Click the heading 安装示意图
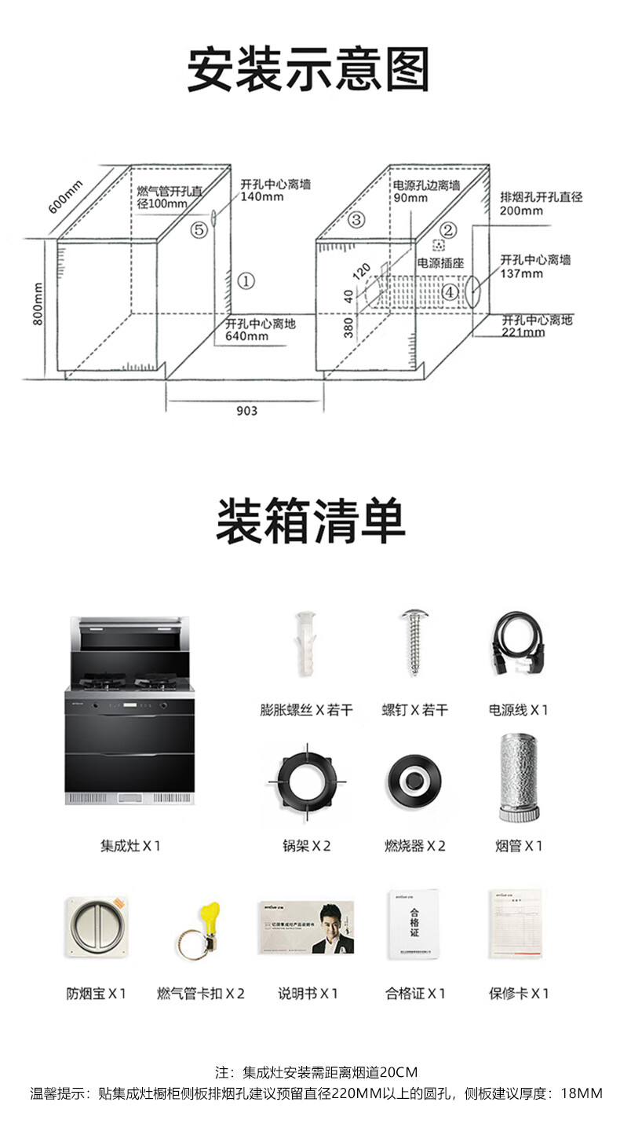click(309, 70)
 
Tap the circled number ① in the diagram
click(246, 280)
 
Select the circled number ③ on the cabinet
click(357, 219)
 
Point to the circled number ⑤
click(199, 230)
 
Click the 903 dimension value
click(246, 411)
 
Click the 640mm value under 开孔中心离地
click(246, 336)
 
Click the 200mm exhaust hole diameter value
click(521, 211)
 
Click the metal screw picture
click(414, 643)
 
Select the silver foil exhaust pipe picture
click(518, 779)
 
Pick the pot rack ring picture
click(306, 781)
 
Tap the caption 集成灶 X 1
click(130, 846)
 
